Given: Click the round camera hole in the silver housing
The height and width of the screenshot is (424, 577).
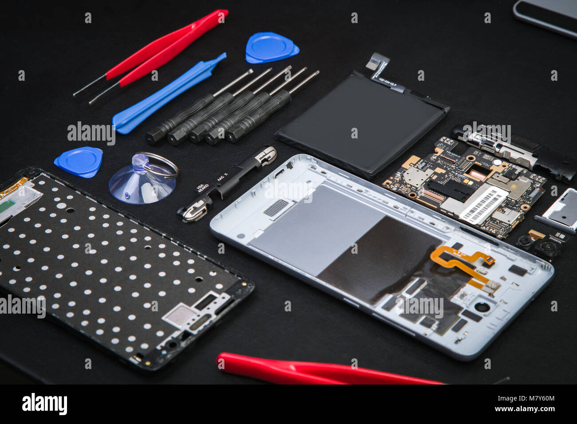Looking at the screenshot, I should click(480, 306).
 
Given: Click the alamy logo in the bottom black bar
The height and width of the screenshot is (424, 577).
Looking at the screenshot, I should click(44, 404).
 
